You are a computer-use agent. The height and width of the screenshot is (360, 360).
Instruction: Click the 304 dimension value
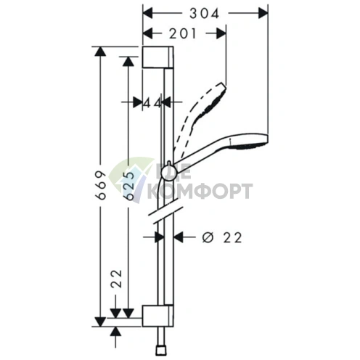click(x=205, y=13)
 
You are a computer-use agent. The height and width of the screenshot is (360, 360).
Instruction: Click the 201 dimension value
click(x=182, y=33)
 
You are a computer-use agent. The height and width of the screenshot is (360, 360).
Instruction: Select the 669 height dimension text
click(x=101, y=185)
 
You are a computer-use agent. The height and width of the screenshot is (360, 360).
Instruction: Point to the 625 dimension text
click(x=128, y=186)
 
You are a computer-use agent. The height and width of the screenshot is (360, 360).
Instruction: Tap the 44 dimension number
click(x=152, y=103)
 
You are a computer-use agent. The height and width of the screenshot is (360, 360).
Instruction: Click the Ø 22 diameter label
click(x=222, y=237)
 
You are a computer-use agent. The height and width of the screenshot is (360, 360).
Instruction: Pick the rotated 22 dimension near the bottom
click(x=116, y=279)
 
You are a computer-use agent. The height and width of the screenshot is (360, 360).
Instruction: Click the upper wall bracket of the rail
click(x=157, y=57)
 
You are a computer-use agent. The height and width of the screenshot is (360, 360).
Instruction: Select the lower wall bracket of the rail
click(x=157, y=316)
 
